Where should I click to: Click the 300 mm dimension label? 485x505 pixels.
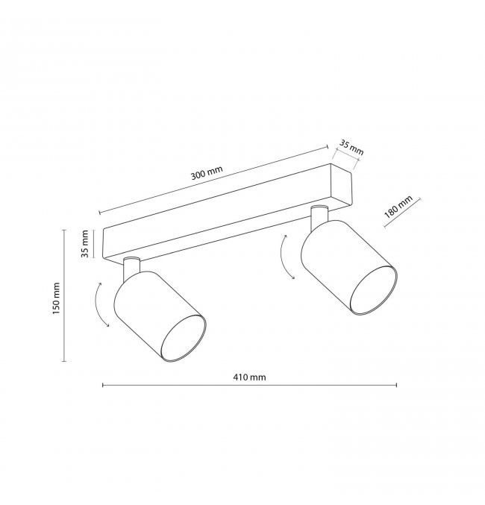coord(207,173)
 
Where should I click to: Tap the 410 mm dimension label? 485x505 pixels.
coord(249,377)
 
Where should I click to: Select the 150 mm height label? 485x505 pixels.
coord(56,298)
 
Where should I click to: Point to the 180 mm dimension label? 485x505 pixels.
coord(398,207)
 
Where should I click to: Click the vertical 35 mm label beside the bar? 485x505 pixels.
coord(84,244)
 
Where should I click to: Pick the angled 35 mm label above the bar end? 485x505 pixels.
coord(351,148)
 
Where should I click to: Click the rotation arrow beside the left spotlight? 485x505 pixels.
coord(99,304)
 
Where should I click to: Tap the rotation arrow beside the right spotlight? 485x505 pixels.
coord(285,257)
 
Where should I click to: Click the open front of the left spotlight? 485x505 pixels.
coord(183,338)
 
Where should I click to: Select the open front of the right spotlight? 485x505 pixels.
coord(373,291)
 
